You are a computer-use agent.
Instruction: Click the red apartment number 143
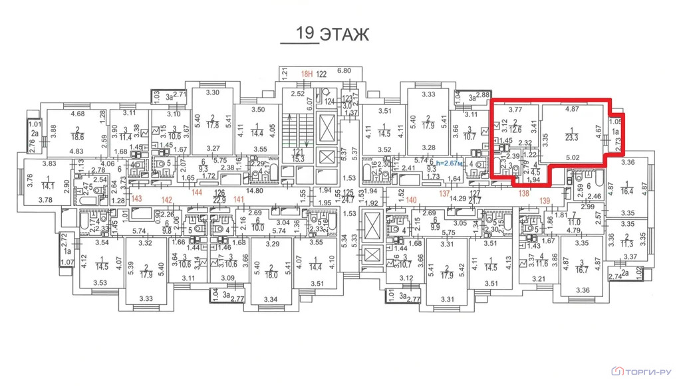137,199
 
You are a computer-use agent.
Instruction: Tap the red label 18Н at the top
306,73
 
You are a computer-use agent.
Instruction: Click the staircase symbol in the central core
293,130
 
